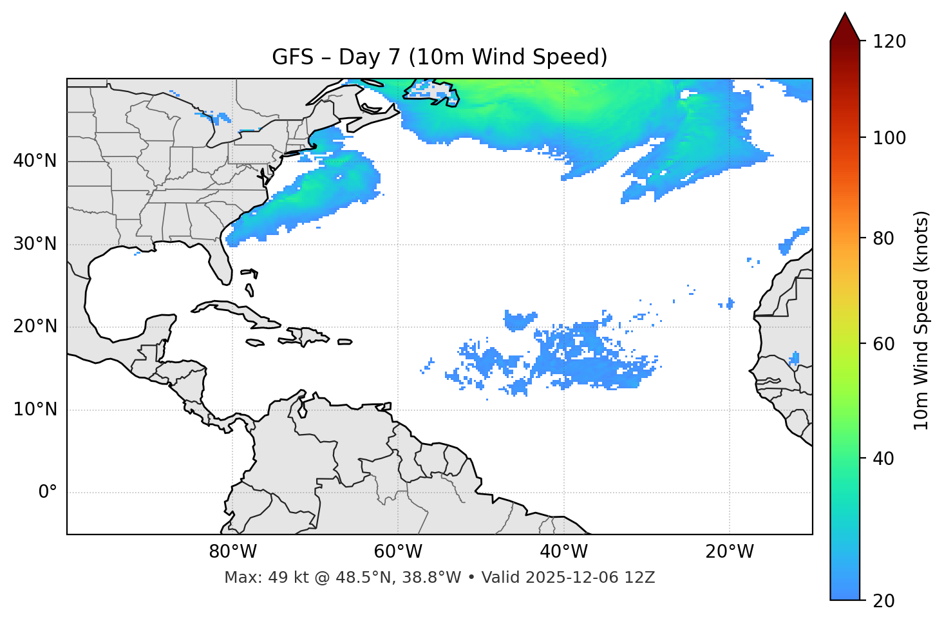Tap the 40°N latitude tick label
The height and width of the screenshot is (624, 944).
(x=35, y=161)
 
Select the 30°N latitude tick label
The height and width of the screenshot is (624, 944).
(x=35, y=244)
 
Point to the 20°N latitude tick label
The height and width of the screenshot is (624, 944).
(x=35, y=326)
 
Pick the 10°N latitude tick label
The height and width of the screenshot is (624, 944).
(x=35, y=410)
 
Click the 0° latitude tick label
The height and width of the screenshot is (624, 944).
(x=48, y=493)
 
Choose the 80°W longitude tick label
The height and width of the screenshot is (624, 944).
(x=232, y=552)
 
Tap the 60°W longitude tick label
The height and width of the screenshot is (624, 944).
(x=398, y=552)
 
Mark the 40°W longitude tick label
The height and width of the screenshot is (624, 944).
(x=563, y=552)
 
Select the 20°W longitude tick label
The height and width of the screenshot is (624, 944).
(x=729, y=552)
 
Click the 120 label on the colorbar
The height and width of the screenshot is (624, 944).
(x=889, y=42)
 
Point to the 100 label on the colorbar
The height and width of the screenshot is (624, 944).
(x=889, y=138)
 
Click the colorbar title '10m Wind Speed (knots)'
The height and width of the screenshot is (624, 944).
(x=921, y=320)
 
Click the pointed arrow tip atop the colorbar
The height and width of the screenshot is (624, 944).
(x=845, y=17)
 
